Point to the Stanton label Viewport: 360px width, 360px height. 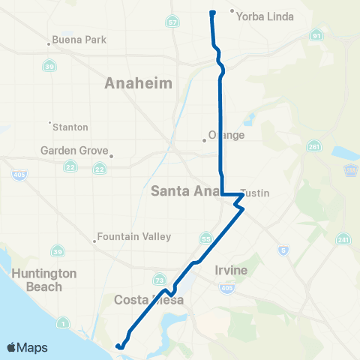tap(70, 127)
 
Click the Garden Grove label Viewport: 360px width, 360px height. tap(75, 151)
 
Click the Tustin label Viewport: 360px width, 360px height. tap(256, 193)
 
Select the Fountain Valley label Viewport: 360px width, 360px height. tap(134, 236)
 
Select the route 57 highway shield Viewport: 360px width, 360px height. tap(173, 23)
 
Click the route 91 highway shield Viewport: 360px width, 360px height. tap(318, 35)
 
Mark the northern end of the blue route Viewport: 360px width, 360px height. tap(212, 12)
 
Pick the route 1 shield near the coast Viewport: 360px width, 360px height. tap(64, 323)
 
